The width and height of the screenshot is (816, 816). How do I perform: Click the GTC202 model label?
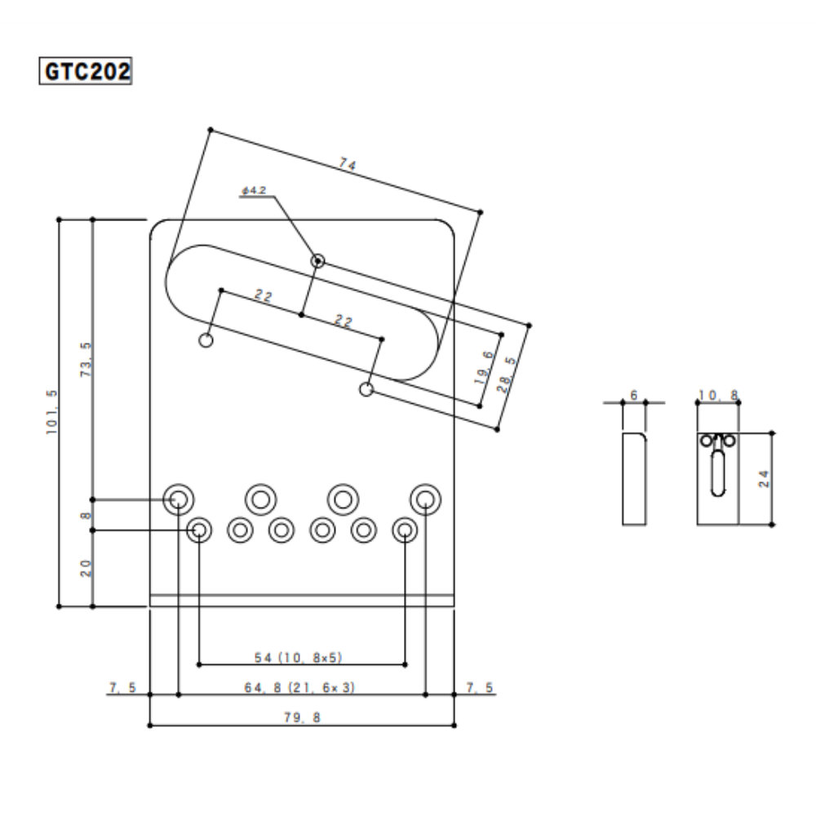pos(86,71)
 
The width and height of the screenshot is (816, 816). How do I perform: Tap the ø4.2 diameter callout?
pos(254,190)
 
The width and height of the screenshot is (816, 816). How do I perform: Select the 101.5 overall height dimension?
pos(52,413)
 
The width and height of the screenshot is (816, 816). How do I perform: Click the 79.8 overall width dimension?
pos(302,718)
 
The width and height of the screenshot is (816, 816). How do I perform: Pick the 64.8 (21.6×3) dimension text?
pos(301,688)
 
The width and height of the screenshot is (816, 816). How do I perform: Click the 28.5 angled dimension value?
pos(509,373)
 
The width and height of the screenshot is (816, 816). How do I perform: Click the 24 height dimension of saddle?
pos(763,478)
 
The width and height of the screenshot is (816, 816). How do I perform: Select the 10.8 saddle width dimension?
pos(718,396)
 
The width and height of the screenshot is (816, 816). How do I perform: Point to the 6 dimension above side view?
pos(634,396)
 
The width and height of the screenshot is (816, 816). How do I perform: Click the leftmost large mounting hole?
pos(177,498)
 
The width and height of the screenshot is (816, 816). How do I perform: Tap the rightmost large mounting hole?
pos(425,498)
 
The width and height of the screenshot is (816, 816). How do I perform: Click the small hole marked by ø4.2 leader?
pos(317,261)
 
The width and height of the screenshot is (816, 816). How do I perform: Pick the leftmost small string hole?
pos(198,530)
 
